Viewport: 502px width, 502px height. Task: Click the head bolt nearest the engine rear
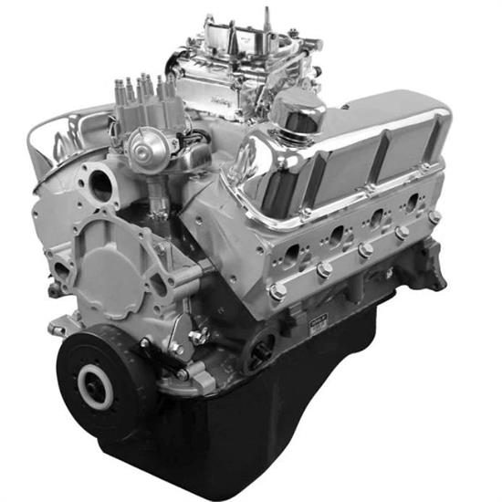click(434, 217)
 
